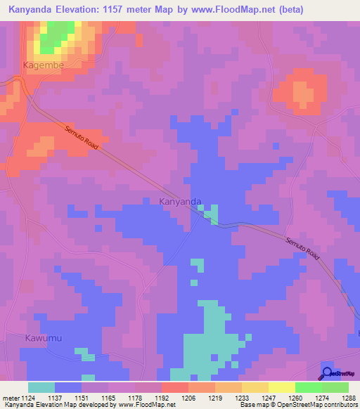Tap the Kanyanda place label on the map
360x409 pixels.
coord(180,202)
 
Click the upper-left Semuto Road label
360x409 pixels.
coord(82,138)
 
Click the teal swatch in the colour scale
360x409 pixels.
coord(41,387)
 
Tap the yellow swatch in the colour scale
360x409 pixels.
coord(255,387)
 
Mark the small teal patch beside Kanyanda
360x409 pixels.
coord(210,214)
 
